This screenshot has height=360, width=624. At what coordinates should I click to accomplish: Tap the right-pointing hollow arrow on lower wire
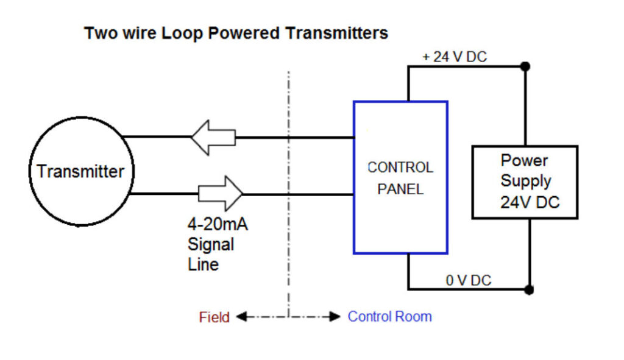coord(221,194)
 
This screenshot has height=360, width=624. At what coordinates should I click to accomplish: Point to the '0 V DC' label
coord(468,280)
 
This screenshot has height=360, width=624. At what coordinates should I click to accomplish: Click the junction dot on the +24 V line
coord(525,66)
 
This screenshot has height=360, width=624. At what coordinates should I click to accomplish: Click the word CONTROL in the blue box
coord(400,168)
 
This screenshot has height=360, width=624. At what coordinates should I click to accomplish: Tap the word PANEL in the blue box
coord(400,189)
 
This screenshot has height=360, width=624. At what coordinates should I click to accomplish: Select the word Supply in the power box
coord(525,181)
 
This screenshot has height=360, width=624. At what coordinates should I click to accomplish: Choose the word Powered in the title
coord(243,33)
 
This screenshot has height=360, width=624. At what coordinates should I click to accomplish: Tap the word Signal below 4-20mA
coord(210,245)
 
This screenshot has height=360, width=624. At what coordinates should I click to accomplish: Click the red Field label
coord(214,317)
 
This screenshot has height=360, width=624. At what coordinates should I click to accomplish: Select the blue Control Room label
coord(389,317)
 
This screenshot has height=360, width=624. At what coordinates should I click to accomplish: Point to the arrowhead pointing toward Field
coord(240,317)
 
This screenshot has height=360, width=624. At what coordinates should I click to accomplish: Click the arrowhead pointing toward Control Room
coord(334,317)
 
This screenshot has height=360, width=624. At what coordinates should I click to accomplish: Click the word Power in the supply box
coord(524,161)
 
